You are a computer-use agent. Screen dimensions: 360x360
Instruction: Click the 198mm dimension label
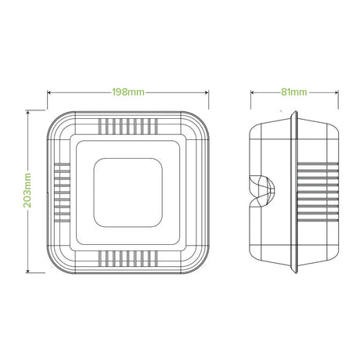coord(128,92)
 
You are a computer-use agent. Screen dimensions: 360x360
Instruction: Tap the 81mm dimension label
coord(293,92)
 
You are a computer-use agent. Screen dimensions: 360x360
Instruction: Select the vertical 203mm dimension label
coord(27,190)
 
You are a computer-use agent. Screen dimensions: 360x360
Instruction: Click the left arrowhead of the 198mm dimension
coord(49,92)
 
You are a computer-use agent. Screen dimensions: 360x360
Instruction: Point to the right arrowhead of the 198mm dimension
coord(207,92)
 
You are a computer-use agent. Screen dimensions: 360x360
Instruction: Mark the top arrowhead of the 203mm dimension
coord(27,112)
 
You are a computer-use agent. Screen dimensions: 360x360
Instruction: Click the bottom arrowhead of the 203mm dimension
coord(27,271)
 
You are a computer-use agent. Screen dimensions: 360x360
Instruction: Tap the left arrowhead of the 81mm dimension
coord(253,92)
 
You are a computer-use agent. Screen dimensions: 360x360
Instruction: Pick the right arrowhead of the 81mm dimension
coord(337,92)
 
